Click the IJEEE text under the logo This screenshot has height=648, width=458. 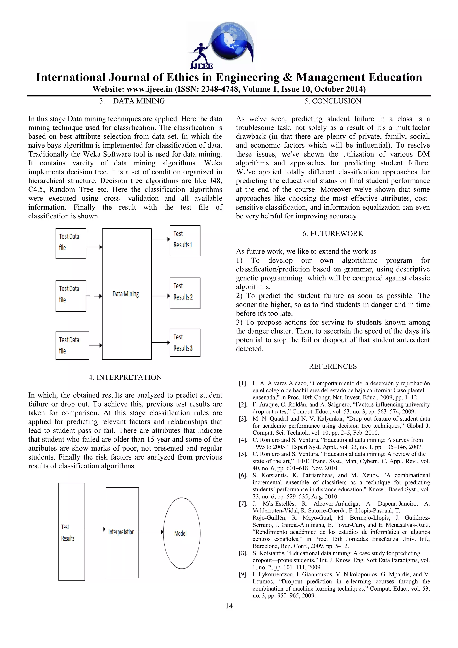click(201, 66)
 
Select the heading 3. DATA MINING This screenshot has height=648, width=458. click(132, 101)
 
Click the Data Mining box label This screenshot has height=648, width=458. click(126, 294)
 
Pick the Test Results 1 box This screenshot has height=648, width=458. click(185, 241)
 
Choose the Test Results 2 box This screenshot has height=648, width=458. click(185, 293)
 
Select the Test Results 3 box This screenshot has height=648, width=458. click(185, 343)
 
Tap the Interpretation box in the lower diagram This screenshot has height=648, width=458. click(122, 532)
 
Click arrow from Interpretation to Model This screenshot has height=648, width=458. click(151, 532)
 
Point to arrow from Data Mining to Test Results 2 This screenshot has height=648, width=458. click(161, 296)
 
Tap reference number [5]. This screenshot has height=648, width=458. click(243, 454)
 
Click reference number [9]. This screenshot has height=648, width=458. click(243, 574)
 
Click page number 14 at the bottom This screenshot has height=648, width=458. click(229, 606)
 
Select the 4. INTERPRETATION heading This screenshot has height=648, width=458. click(125, 377)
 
